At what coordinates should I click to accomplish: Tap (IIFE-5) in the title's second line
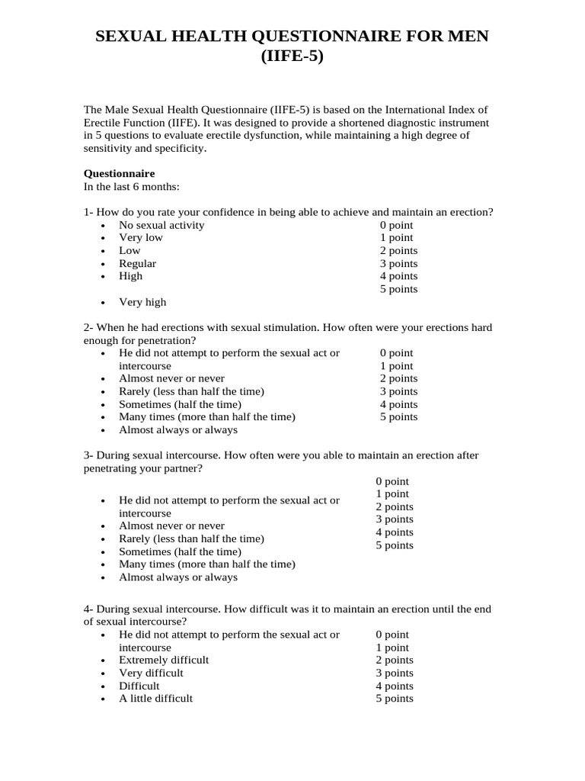click(x=292, y=56)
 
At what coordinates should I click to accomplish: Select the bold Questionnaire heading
click(x=119, y=173)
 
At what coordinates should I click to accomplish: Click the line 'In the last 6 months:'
click(x=131, y=186)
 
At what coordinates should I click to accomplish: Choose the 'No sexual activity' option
click(x=161, y=225)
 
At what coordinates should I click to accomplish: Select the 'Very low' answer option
click(x=141, y=237)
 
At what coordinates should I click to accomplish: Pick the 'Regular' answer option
click(x=137, y=263)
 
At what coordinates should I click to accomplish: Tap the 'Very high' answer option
click(x=142, y=302)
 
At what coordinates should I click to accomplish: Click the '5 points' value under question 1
click(x=398, y=289)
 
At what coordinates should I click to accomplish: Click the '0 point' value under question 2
click(x=396, y=353)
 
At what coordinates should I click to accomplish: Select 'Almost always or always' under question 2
click(x=178, y=429)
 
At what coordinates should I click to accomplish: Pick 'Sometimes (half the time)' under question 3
click(x=180, y=551)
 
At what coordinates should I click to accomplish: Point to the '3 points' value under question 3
click(x=395, y=519)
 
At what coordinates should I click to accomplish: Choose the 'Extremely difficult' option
click(x=164, y=660)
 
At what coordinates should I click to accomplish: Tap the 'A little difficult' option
click(x=155, y=698)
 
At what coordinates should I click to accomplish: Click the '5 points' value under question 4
click(x=395, y=698)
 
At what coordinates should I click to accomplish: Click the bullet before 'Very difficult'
click(x=103, y=673)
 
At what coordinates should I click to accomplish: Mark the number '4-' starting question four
click(x=88, y=609)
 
